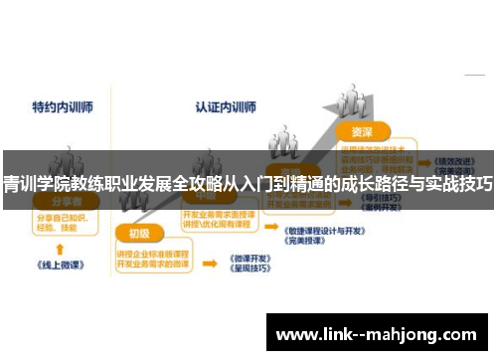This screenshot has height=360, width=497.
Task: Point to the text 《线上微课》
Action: point(61,267)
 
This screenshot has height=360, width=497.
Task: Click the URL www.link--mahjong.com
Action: point(380,334)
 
